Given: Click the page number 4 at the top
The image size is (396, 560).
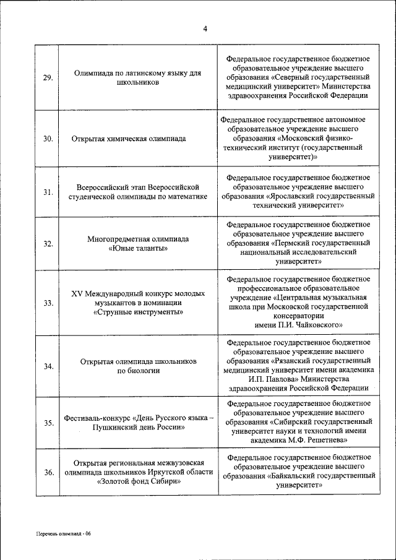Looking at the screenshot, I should click(205, 28).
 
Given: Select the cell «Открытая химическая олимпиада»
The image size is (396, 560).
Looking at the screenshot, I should click(129, 139).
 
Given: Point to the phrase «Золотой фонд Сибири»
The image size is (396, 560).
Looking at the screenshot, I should click(139, 482).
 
